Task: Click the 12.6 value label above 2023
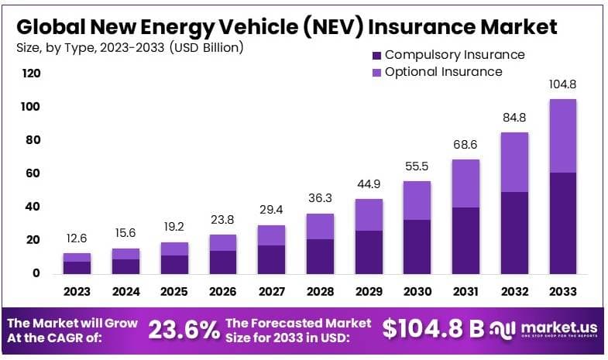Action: coord(77,238)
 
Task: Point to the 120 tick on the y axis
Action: coord(31,74)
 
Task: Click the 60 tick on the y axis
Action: coord(31,173)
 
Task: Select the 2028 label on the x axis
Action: coord(321,292)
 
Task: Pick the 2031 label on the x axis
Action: coord(465,292)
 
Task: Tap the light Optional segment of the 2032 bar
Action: coord(514,162)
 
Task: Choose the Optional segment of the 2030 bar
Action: coord(417,200)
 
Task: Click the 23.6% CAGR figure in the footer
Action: coord(184,331)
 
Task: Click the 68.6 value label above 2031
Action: coord(465,145)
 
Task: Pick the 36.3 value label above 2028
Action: coord(321,198)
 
